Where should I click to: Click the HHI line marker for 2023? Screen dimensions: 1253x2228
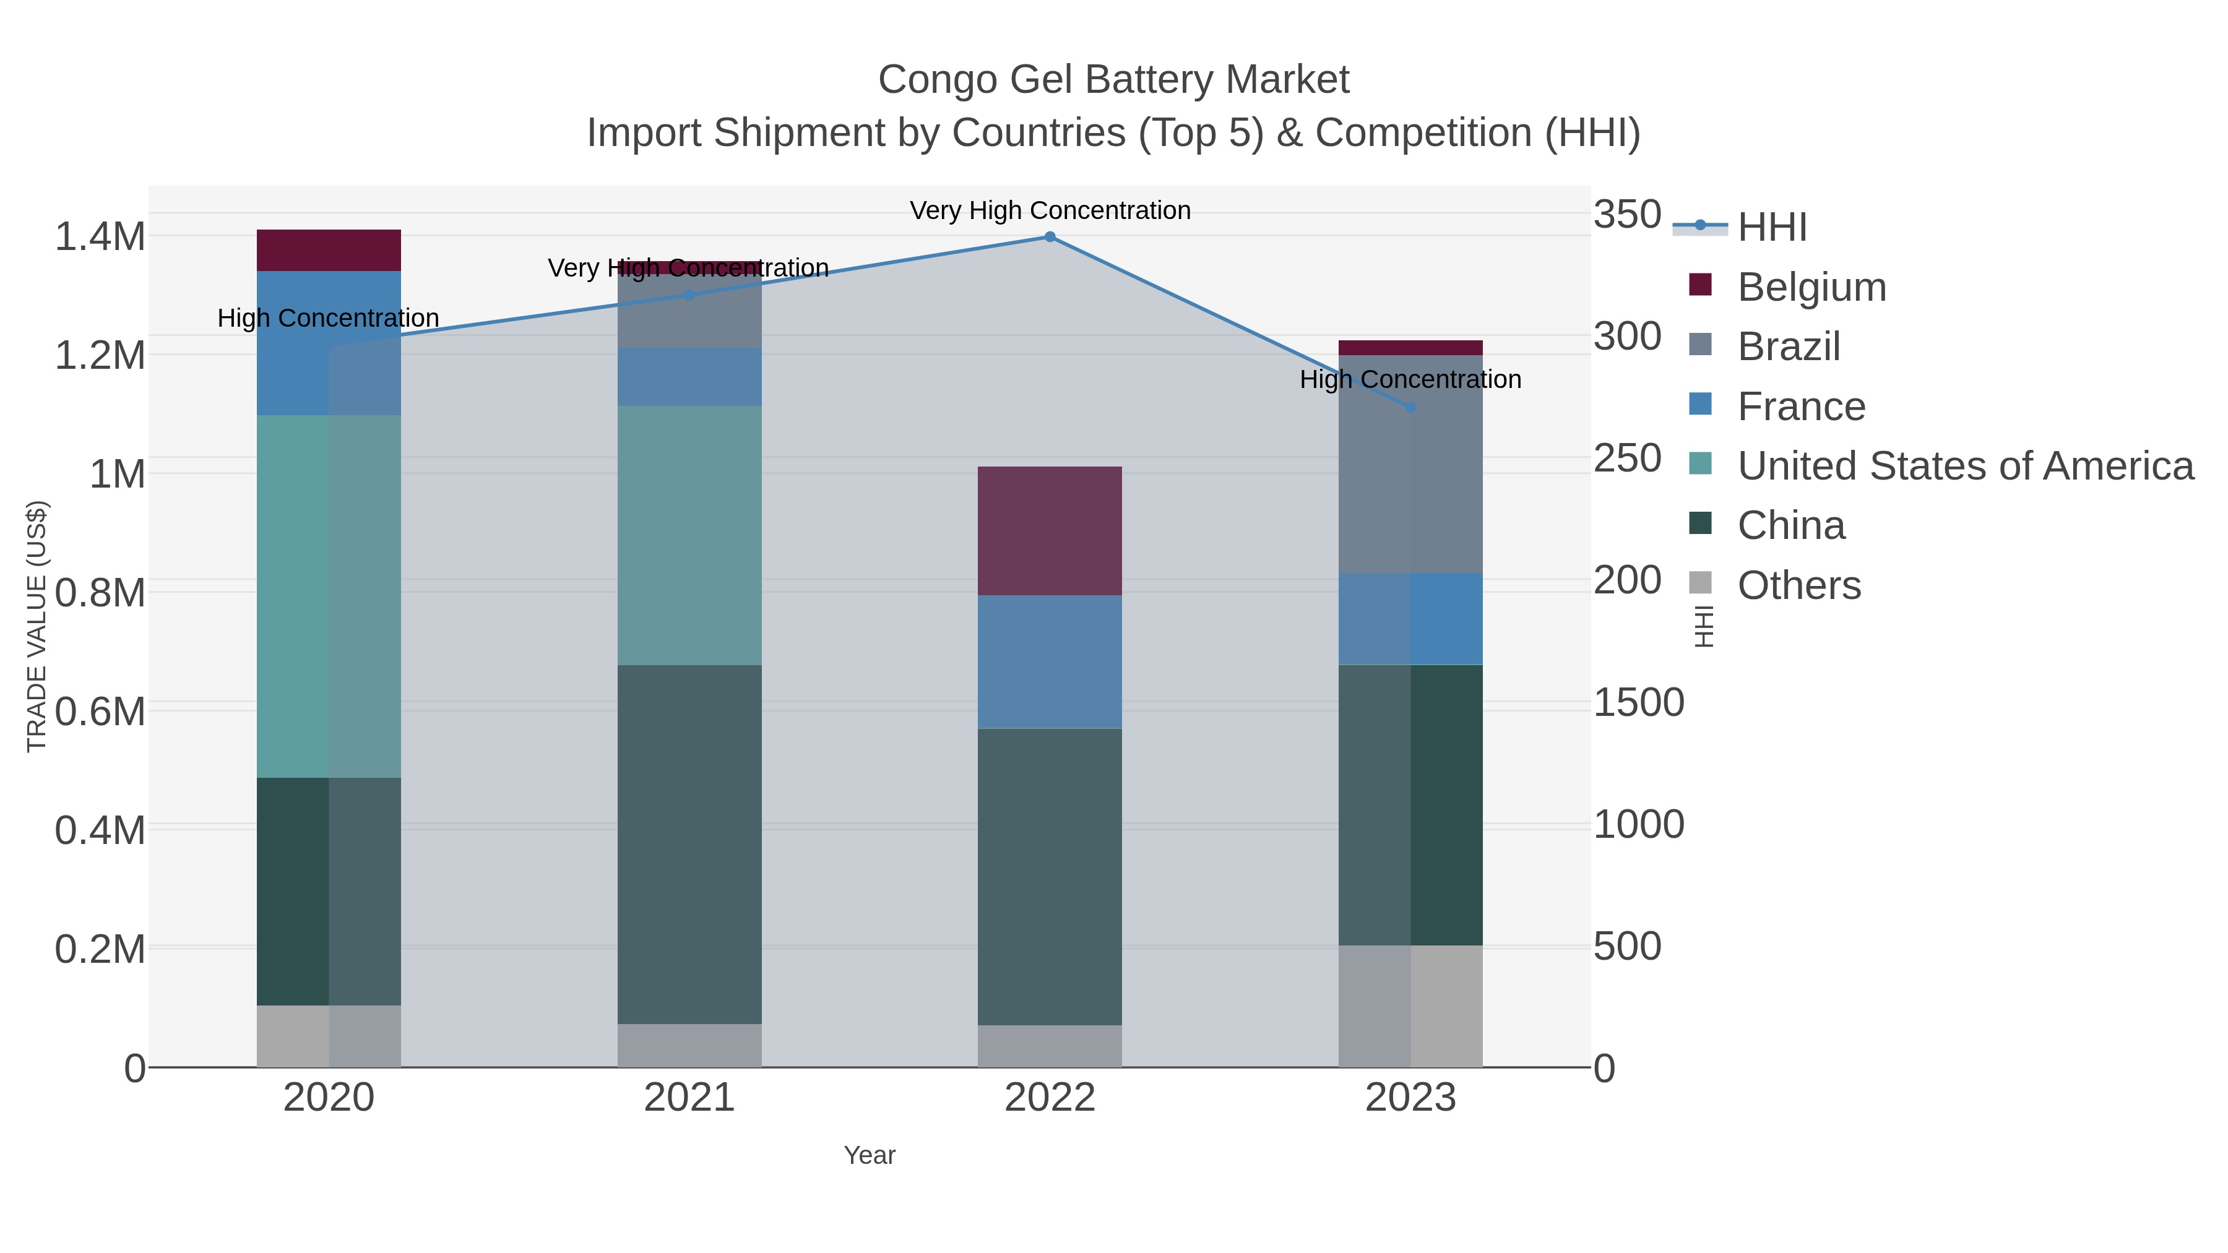tap(1410, 407)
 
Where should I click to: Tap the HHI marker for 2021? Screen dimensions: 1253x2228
tap(689, 295)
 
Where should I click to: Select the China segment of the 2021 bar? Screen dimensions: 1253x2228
tap(689, 844)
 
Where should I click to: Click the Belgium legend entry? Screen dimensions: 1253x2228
tap(1811, 287)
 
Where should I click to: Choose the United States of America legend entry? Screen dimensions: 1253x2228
tap(1965, 466)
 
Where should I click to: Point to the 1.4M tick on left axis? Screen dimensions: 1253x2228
tap(100, 237)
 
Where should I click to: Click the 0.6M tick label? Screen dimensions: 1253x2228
tap(100, 712)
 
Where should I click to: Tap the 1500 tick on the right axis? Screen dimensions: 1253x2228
tap(1638, 702)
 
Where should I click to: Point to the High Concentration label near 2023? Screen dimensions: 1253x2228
tap(1410, 380)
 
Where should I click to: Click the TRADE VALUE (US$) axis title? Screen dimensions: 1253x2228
tap(37, 626)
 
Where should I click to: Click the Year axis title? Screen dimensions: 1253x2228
tap(870, 1155)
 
